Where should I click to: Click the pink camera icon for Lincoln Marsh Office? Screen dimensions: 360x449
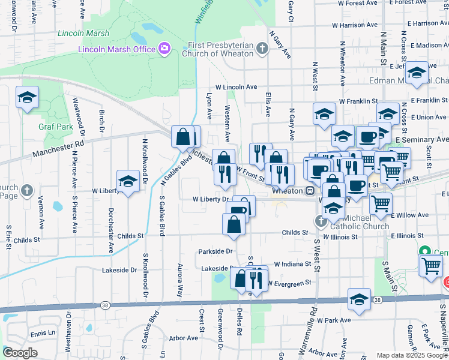pos(164,49)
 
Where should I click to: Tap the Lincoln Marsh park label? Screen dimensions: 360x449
pos(82,34)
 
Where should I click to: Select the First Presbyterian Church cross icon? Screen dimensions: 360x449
pos(261,49)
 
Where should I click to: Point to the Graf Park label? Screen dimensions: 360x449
pos(56,127)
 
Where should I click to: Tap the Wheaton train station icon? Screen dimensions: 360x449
pos(310,190)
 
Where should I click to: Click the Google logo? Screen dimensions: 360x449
pos(20,353)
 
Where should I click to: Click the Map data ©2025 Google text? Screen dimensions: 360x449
pos(411,355)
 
